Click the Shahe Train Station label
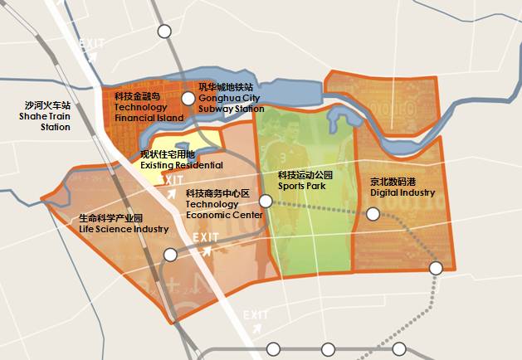[48, 117]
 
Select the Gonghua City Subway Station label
[232, 98]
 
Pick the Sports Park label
[305, 181]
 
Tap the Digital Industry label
[402, 187]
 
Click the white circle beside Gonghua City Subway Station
[188, 99]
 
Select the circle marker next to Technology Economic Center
[266, 201]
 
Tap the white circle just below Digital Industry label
[373, 214]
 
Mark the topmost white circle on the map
[164, 32]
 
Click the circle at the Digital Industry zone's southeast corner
[436, 267]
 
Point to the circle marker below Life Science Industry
[170, 255]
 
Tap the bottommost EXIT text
[256, 314]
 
